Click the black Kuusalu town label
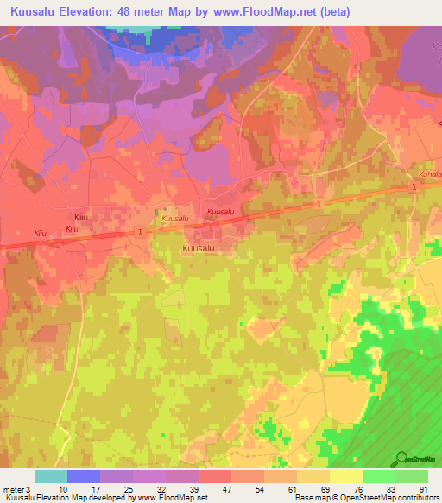pos(198,248)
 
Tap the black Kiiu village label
pos(82,217)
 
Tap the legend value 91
pos(422,489)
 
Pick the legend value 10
pos(63,489)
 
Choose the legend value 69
pos(325,489)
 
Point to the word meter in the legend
pos(15,489)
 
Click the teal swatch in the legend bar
pos(50,476)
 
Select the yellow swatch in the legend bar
pos(346,476)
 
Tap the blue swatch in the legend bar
pos(83,476)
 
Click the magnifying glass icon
pos(401,458)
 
